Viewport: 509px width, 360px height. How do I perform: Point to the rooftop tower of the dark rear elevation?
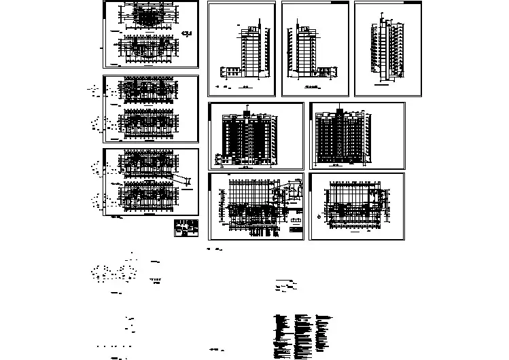click(337, 110)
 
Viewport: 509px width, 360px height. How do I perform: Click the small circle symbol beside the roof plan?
click(319, 217)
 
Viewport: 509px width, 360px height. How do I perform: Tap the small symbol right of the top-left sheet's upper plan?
click(188, 33)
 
